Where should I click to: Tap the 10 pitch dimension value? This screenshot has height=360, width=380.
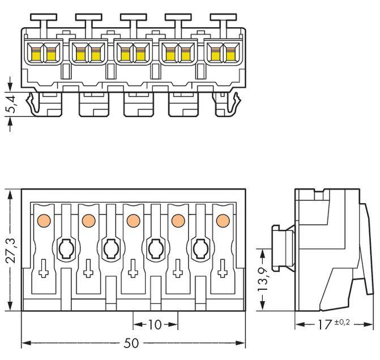point(155,324)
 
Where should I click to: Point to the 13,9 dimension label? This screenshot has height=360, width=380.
point(262,279)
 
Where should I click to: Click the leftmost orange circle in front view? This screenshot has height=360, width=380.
point(42,220)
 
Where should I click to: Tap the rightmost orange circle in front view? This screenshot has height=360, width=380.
point(223,220)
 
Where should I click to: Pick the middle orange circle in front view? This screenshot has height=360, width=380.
point(133,220)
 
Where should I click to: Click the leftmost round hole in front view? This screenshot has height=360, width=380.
point(65,248)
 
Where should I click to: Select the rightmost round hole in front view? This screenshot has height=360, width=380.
point(200,248)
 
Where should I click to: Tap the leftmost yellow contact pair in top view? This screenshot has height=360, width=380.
point(43,54)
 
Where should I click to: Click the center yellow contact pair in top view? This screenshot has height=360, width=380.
point(133,54)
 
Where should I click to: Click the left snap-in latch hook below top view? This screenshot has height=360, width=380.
point(35,104)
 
